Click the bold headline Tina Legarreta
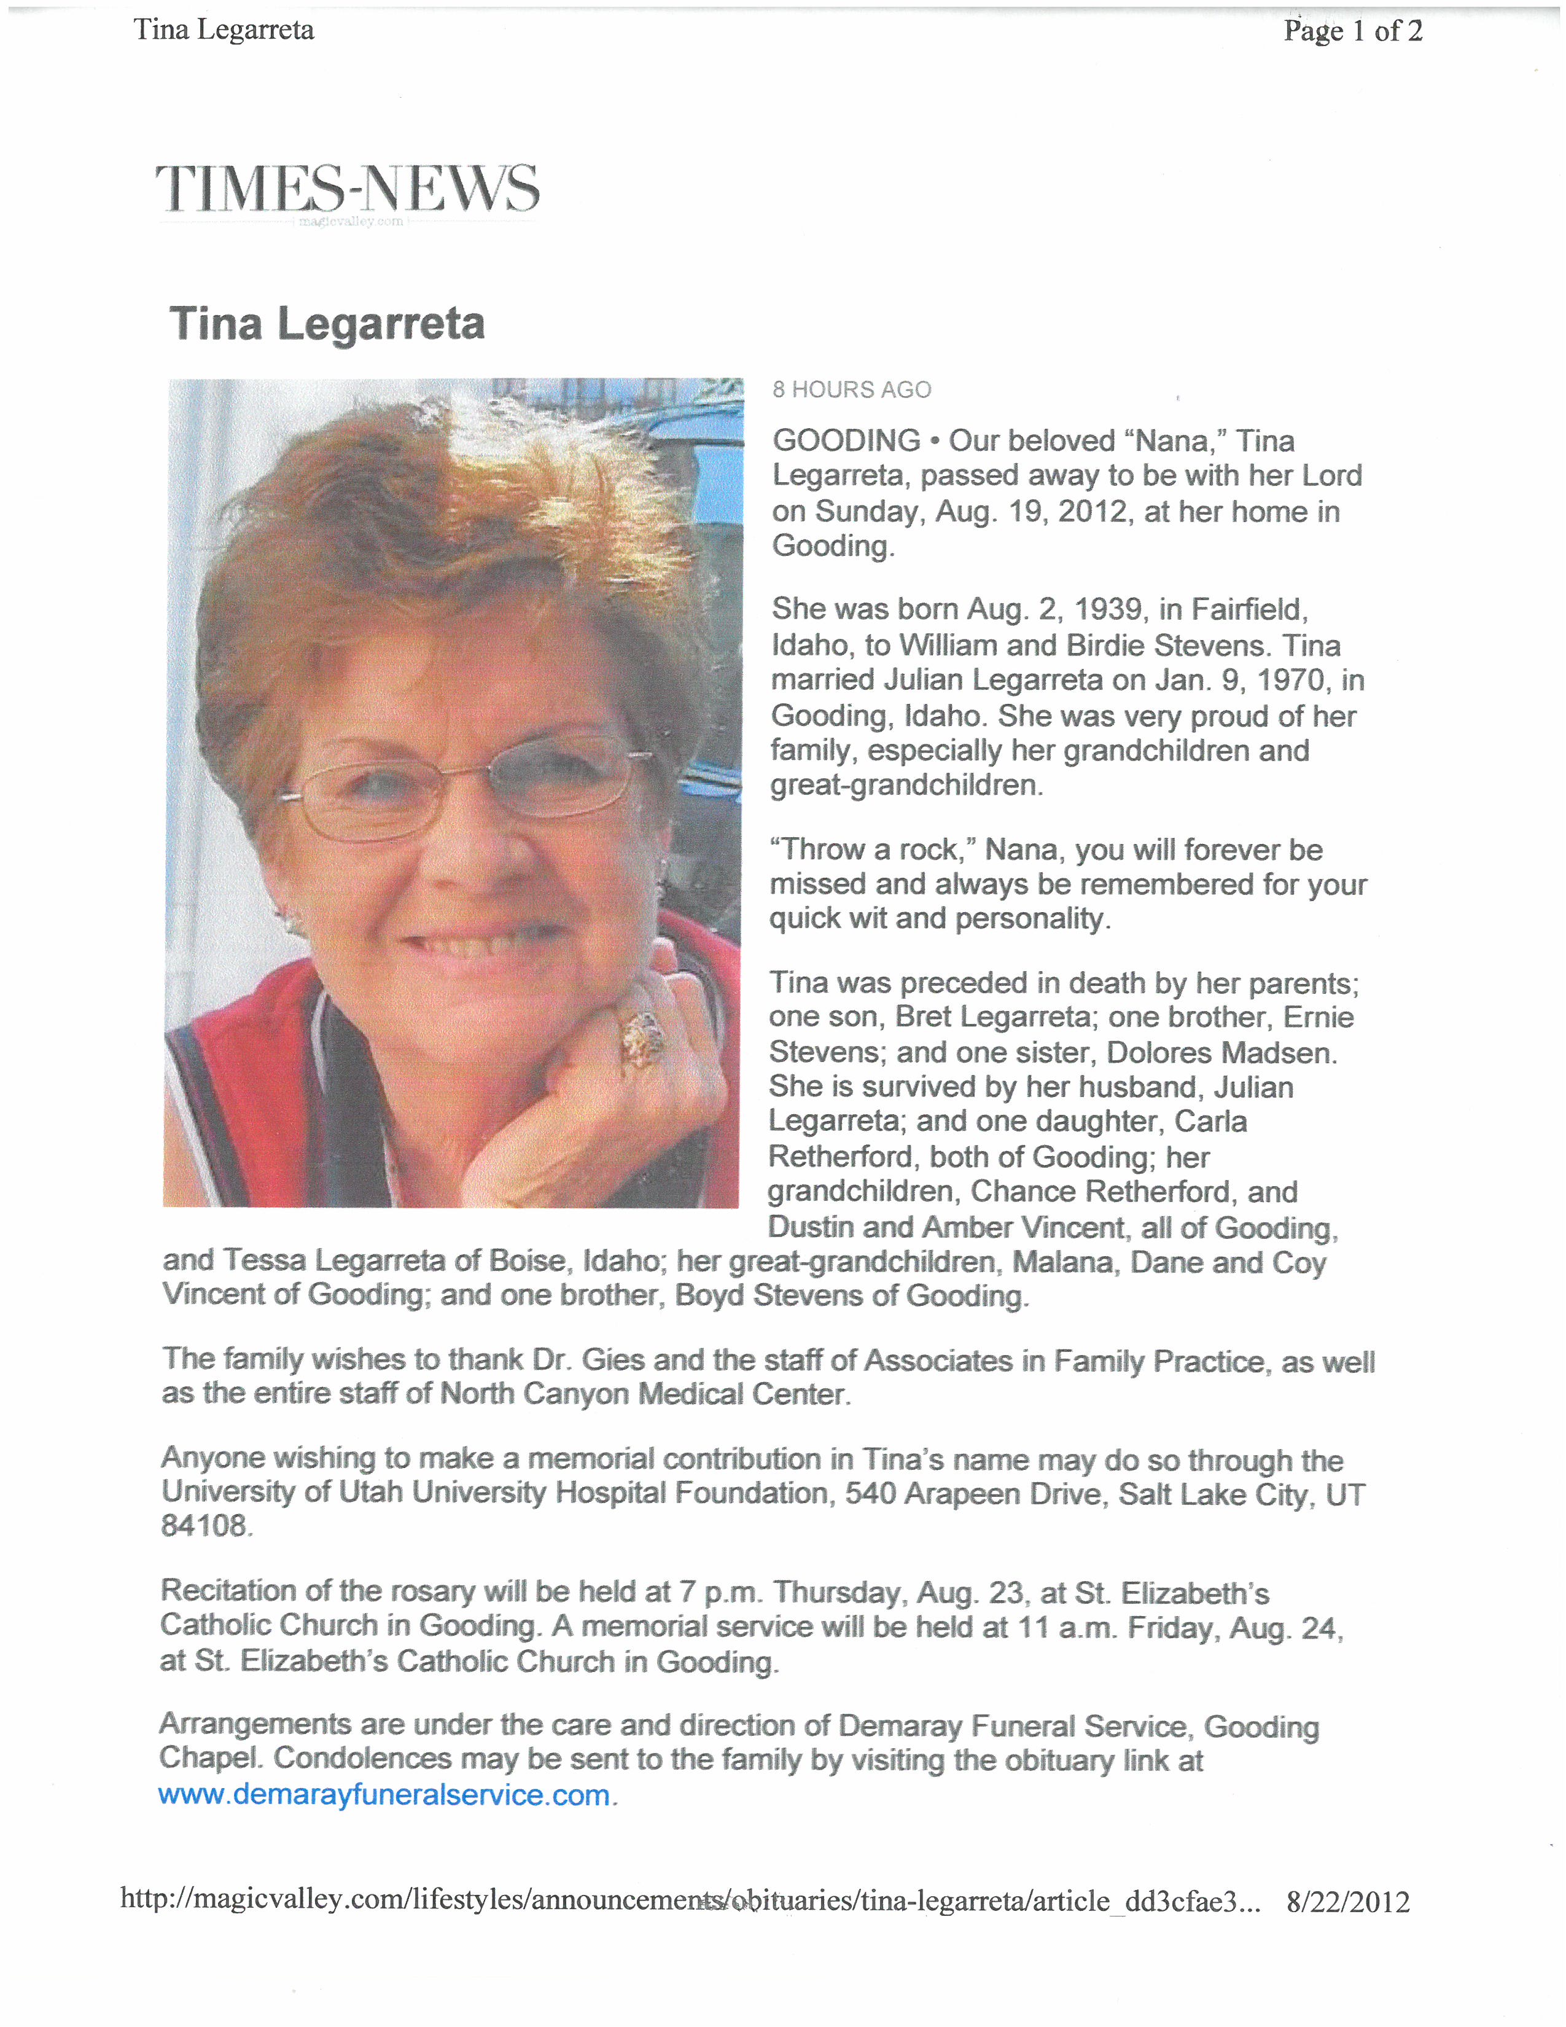point(327,324)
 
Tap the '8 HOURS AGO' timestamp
point(852,390)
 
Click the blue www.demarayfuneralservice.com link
point(384,1795)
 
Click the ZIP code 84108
point(204,1526)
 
